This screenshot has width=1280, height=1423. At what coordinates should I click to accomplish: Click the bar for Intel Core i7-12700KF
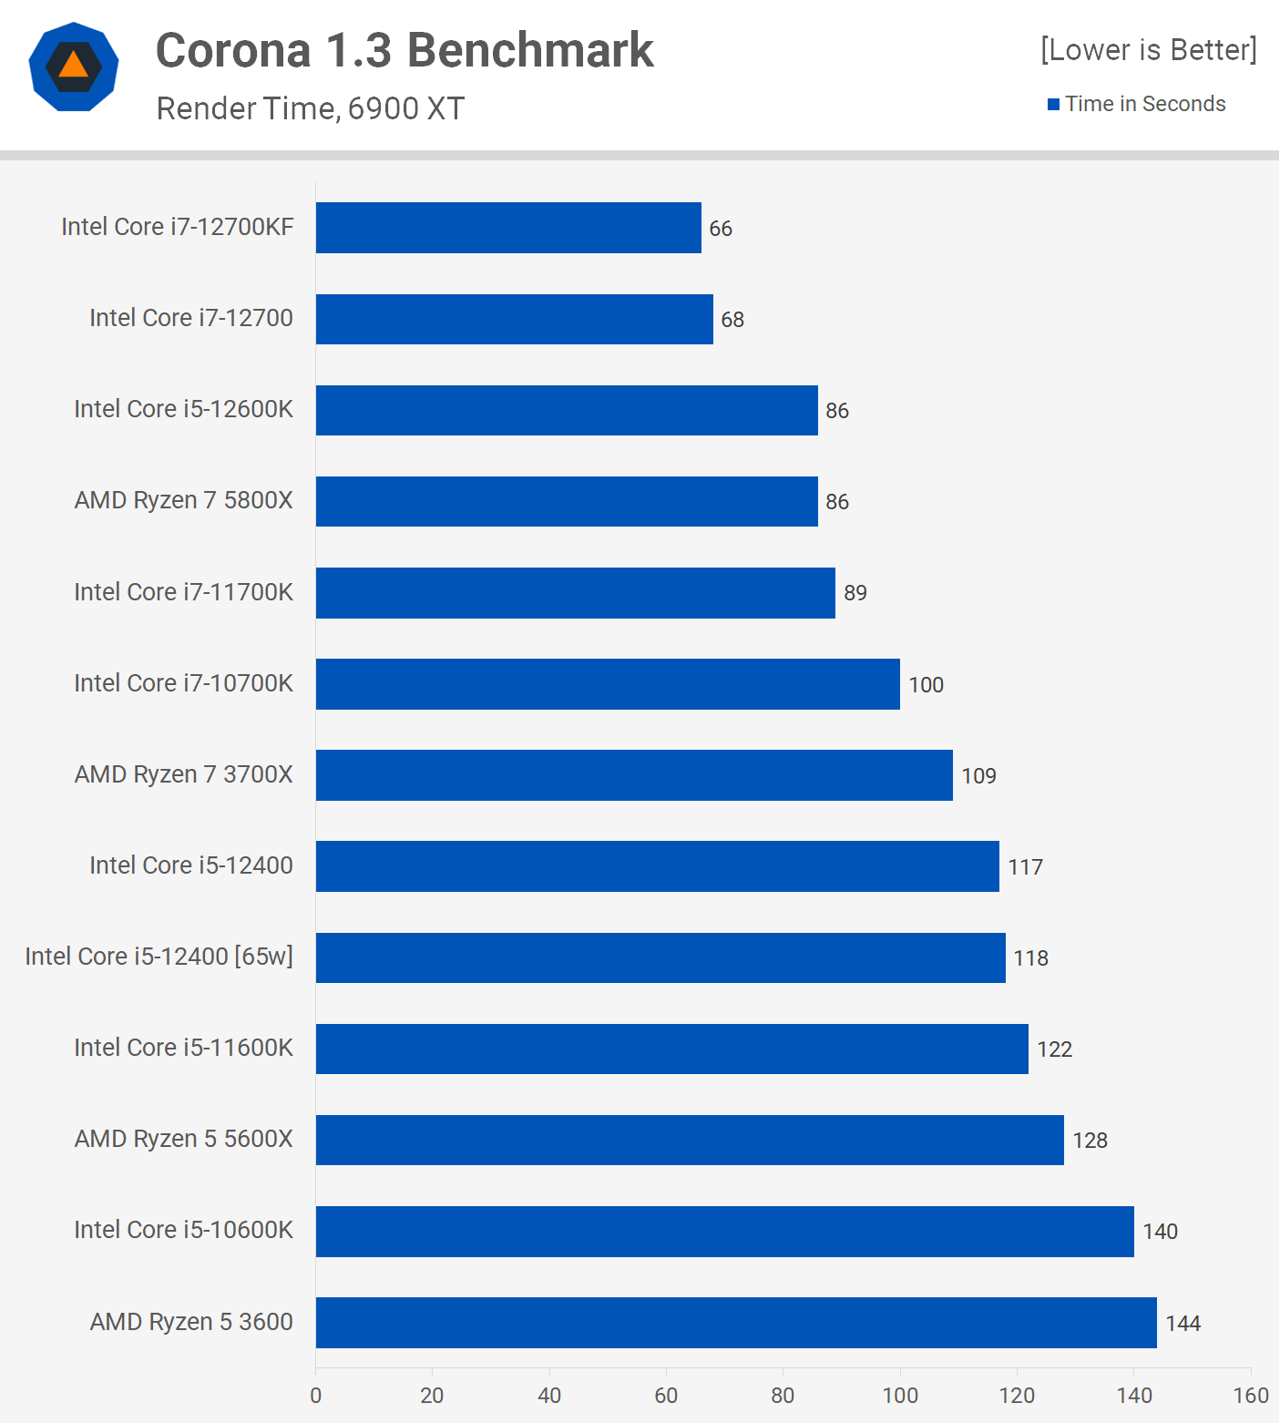pyautogui.click(x=508, y=228)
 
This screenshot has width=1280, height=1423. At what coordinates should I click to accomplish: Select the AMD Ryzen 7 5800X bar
pyautogui.click(x=567, y=501)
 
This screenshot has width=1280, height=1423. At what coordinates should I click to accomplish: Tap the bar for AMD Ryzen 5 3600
pyautogui.click(x=736, y=1323)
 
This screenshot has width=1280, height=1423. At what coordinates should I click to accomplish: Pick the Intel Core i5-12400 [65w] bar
pyautogui.click(x=660, y=957)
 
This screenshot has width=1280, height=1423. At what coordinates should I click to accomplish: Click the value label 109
pyautogui.click(x=978, y=776)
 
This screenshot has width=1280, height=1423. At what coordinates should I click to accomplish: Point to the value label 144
pyautogui.click(x=1183, y=1324)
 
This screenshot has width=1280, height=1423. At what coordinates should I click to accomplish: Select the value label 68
pyautogui.click(x=732, y=320)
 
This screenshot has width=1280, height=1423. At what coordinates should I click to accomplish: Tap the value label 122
pyautogui.click(x=1054, y=1049)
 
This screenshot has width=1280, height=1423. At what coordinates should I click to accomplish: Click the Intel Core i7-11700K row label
pyautogui.click(x=183, y=592)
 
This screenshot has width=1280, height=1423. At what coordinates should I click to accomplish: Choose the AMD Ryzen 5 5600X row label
pyautogui.click(x=183, y=1139)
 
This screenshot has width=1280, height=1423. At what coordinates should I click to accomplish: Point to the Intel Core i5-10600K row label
pyautogui.click(x=183, y=1230)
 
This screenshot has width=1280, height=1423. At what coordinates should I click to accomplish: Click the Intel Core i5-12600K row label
pyautogui.click(x=183, y=409)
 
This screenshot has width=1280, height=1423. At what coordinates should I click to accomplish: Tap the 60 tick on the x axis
pyautogui.click(x=666, y=1396)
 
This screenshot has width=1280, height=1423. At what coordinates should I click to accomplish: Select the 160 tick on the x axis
pyautogui.click(x=1251, y=1396)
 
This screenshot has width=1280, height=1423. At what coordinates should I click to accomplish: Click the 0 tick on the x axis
pyautogui.click(x=316, y=1396)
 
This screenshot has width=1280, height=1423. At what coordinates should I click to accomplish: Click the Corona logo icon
pyautogui.click(x=74, y=67)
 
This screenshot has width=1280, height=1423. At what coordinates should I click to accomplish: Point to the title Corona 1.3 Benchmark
pyautogui.click(x=404, y=50)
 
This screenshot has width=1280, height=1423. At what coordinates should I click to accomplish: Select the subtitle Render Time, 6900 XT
pyautogui.click(x=310, y=108)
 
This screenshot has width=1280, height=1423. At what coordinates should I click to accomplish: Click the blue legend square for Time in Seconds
pyautogui.click(x=1053, y=105)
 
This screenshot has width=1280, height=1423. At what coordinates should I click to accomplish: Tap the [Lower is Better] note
pyautogui.click(x=1148, y=49)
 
